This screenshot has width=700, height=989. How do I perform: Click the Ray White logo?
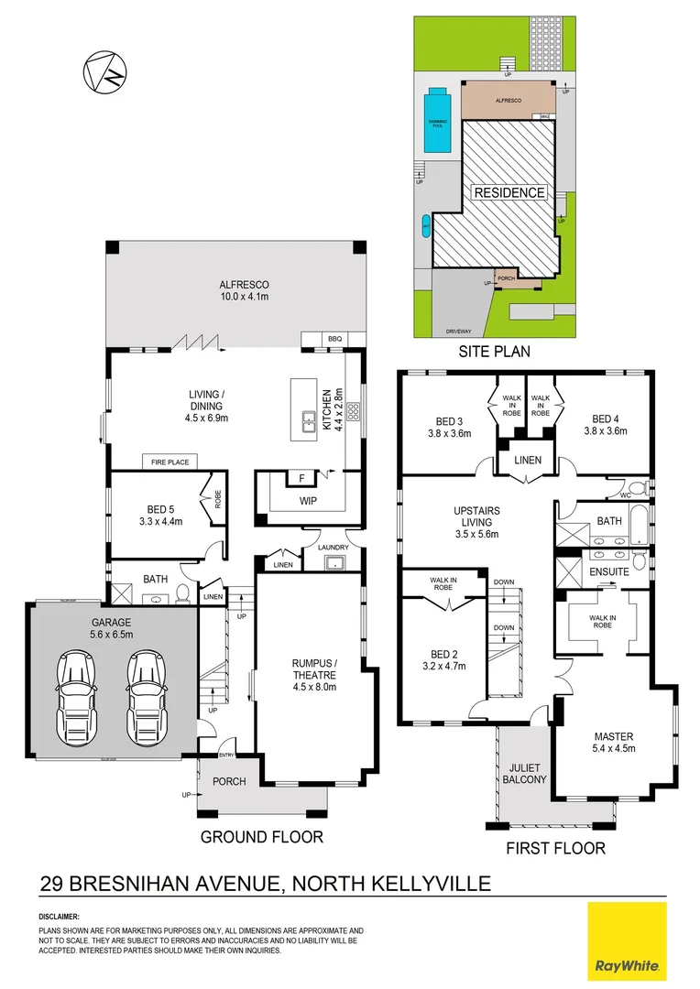tap(628, 941)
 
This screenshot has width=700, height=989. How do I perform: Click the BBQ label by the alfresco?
tap(334, 340)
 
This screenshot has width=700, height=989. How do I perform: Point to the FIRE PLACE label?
tap(170, 462)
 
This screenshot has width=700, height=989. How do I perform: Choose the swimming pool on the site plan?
tap(439, 121)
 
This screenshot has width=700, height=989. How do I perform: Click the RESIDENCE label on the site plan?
tap(509, 192)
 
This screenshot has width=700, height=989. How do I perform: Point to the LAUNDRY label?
tap(334, 548)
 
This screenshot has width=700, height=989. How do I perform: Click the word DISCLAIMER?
tap(59, 917)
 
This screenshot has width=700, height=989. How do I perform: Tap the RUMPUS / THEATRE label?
tap(314, 671)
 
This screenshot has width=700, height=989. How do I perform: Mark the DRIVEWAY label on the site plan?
tap(459, 331)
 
